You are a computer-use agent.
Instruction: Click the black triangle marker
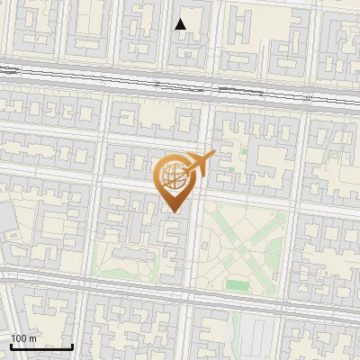181,24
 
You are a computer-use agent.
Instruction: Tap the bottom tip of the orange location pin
174,211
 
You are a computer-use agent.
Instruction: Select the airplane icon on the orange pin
198,164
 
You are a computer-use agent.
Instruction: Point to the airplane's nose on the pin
213,155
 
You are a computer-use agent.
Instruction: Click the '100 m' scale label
23,337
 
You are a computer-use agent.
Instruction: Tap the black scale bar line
41,346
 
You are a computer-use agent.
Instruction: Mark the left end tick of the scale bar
11,345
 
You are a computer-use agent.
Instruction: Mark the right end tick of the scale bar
73,345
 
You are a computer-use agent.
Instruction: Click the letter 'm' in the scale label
32,337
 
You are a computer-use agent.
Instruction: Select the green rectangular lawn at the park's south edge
237,285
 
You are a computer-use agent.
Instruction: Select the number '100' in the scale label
18,337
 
